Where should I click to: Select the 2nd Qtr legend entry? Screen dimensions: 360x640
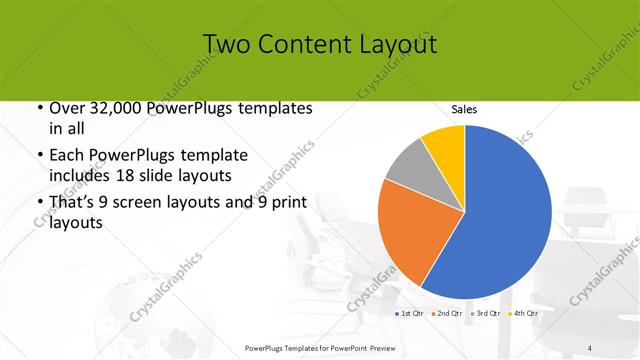(446, 314)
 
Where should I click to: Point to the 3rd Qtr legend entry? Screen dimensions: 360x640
(485, 314)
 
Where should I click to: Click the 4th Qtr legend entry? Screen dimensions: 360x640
(523, 314)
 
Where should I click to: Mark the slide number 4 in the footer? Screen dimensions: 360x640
(590, 347)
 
